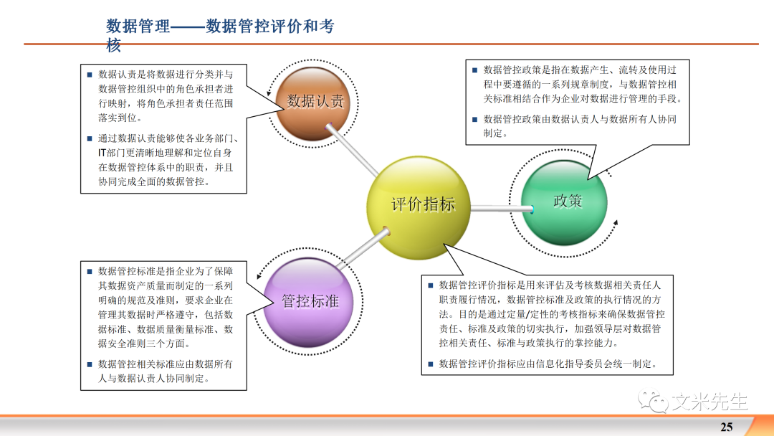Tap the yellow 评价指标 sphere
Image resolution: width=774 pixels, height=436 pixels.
coord(422,205)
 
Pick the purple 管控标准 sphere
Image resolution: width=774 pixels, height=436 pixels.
coord(310,301)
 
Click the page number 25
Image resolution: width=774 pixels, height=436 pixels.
coord(727,427)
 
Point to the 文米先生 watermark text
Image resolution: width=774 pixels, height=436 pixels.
coord(709,401)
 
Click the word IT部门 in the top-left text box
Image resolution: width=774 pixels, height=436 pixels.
coord(115,153)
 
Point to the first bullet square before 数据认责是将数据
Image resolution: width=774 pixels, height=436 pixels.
coord(89,75)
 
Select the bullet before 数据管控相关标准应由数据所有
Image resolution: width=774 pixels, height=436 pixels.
coord(89,364)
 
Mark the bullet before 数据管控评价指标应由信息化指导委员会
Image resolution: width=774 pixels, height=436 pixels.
coord(430,364)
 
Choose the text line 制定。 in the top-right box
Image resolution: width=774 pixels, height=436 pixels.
coord(495,133)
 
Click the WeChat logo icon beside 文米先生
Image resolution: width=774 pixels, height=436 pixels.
coord(654,401)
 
